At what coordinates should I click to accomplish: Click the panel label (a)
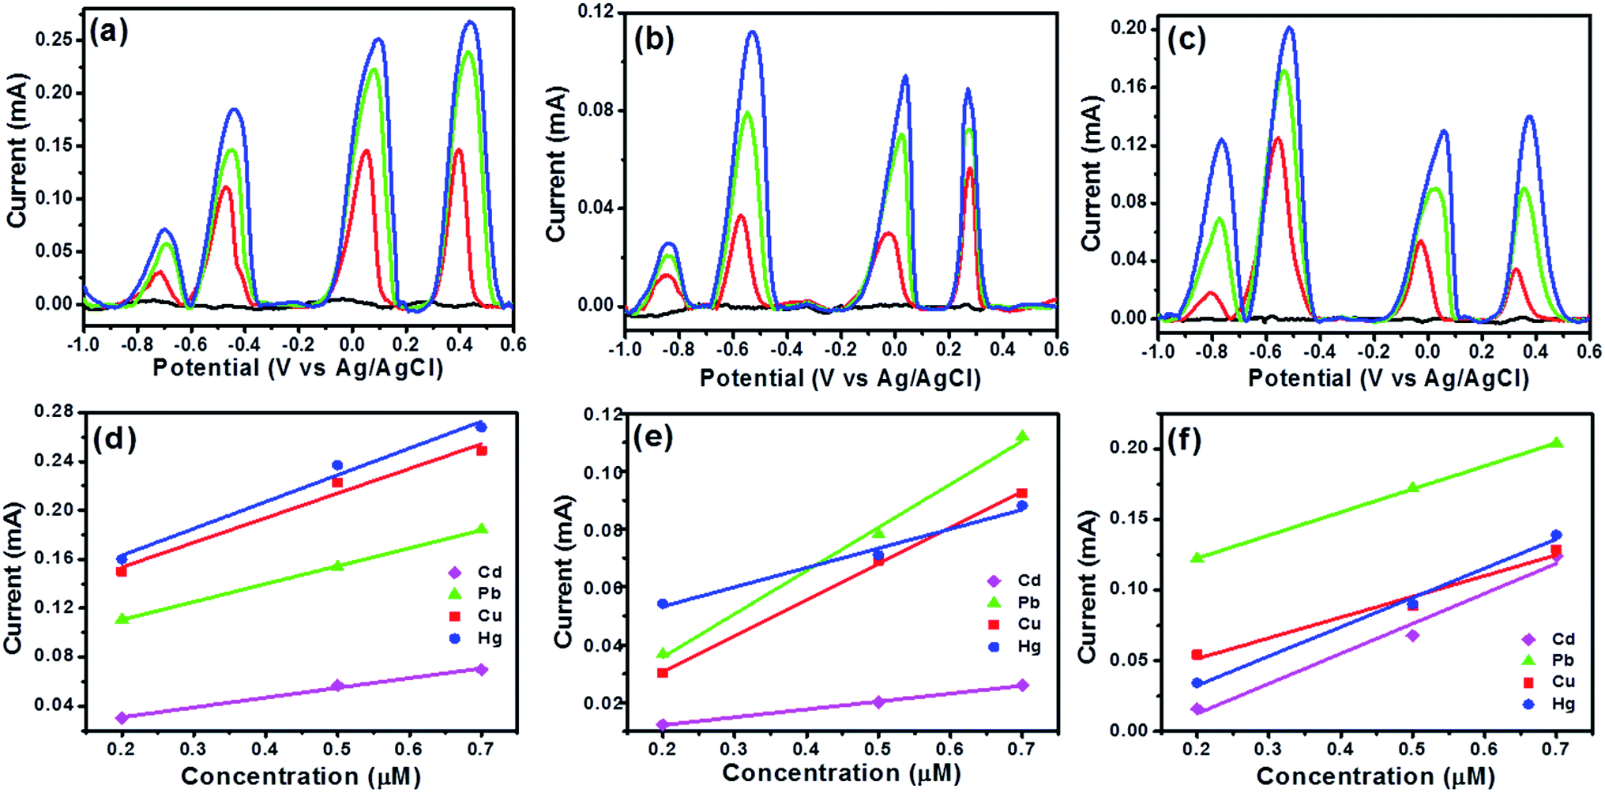pyautogui.click(x=109, y=33)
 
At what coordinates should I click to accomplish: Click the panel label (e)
pyautogui.click(x=652, y=437)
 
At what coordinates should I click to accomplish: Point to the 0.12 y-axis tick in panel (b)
pyautogui.click(x=596, y=12)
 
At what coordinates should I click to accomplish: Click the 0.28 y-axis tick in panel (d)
pyautogui.click(x=54, y=412)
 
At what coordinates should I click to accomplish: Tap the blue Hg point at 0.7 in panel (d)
pyautogui.click(x=481, y=427)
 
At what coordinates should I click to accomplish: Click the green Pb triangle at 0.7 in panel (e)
pyautogui.click(x=1022, y=436)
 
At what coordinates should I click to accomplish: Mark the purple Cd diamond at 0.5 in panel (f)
pyautogui.click(x=1412, y=635)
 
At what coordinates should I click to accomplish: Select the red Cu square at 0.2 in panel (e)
pyautogui.click(x=663, y=673)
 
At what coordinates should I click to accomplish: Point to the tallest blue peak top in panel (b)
pyautogui.click(x=752, y=33)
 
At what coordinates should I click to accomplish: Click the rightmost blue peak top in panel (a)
pyautogui.click(x=470, y=23)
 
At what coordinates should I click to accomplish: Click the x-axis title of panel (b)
pyautogui.click(x=840, y=378)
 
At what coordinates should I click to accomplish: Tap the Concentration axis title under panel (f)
pyautogui.click(x=1375, y=776)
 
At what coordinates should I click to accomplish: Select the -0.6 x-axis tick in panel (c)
pyautogui.click(x=1266, y=351)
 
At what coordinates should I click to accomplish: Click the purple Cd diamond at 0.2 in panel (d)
pyautogui.click(x=122, y=717)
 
